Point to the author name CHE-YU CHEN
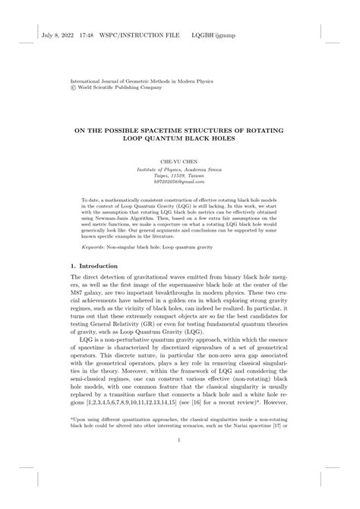179,163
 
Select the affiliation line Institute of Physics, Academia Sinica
179,170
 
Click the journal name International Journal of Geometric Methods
129,80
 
